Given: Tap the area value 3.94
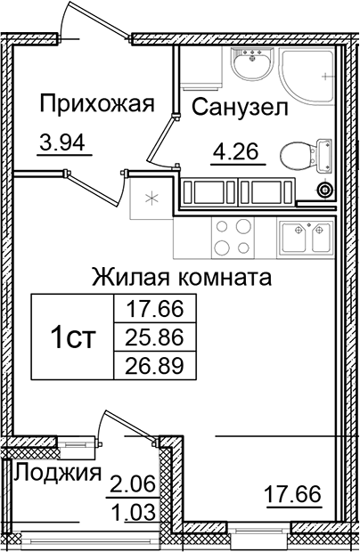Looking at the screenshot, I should click(x=66, y=140).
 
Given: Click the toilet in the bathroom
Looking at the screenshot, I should click(x=299, y=156).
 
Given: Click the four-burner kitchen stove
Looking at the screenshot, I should click(x=235, y=236).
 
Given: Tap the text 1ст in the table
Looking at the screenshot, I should click(x=72, y=337).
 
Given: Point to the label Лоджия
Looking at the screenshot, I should click(x=56, y=473).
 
